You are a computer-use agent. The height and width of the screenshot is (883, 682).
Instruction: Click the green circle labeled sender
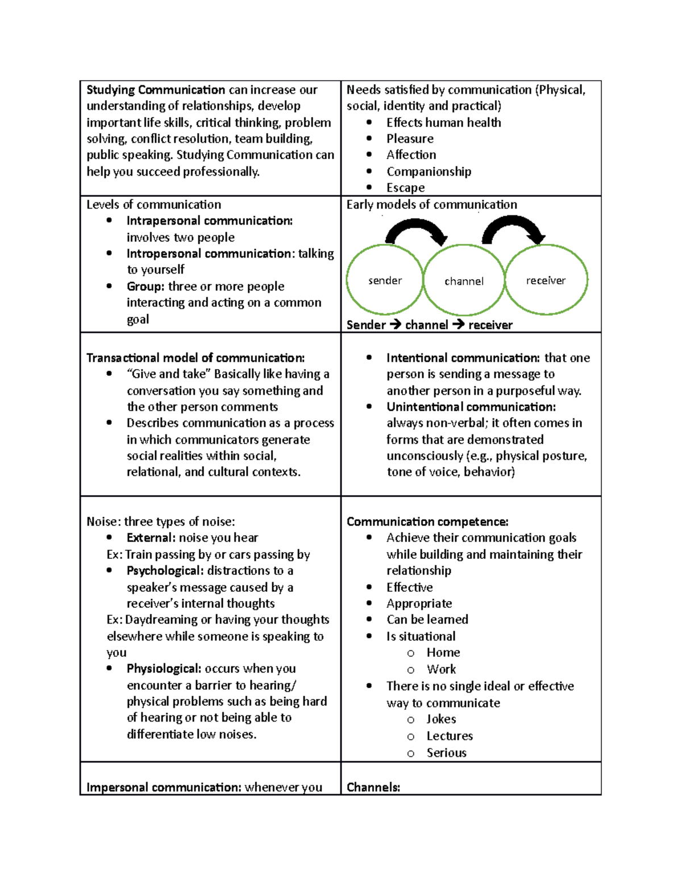point(385,280)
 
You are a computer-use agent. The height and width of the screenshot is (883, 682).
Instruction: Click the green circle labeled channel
point(464,280)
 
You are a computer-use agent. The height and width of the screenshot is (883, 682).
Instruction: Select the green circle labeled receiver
point(546,280)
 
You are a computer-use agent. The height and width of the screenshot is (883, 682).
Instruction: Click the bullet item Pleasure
point(410,139)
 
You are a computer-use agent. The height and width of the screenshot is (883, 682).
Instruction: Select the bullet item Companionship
point(429,172)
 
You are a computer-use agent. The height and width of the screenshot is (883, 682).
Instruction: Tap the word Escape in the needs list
point(405,188)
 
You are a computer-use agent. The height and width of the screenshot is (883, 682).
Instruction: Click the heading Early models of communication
point(431,205)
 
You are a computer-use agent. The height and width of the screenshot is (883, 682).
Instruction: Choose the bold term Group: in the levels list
point(145,287)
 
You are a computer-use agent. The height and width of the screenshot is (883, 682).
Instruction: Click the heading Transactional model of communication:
point(196,358)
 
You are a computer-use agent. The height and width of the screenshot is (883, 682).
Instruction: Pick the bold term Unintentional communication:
point(471,407)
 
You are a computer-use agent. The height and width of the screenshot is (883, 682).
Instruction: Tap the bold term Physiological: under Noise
point(164,669)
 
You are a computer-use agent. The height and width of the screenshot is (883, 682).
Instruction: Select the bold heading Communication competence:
point(427,522)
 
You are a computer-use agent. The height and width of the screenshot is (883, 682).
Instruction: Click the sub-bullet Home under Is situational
point(443,653)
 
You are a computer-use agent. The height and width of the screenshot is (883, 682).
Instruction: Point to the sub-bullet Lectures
point(450,736)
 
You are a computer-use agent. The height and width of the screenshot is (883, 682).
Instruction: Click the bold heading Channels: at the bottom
point(373,787)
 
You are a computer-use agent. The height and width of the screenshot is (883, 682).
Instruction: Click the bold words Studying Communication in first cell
point(156,90)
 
